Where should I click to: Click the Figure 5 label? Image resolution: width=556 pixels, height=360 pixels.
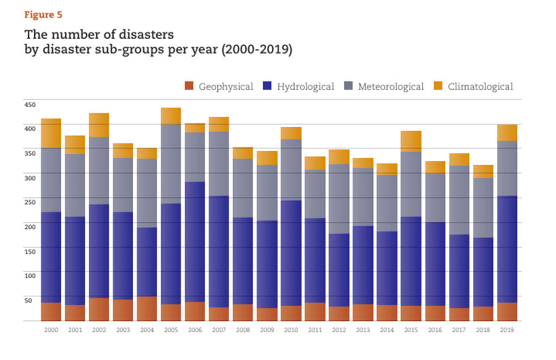43,15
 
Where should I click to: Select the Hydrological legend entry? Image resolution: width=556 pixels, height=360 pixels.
298,86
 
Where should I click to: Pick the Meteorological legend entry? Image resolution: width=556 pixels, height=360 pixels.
384,86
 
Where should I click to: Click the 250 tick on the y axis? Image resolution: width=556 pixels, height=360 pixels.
29,202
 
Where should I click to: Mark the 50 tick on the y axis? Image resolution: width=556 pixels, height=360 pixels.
28,300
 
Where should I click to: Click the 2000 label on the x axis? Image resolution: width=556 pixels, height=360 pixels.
51,330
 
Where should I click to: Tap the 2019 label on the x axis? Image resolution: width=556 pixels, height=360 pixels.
507,330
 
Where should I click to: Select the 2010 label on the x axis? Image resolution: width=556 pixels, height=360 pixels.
291,330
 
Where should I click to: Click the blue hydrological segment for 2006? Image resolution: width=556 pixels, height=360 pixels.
195,242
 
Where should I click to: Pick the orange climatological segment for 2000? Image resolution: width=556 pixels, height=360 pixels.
51,133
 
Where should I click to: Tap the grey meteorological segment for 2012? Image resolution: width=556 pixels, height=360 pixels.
339,199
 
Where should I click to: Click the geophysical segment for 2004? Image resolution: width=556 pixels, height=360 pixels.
147,309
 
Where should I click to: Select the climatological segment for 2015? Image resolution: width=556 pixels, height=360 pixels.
411,141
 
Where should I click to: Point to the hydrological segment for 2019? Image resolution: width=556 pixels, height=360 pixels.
507,249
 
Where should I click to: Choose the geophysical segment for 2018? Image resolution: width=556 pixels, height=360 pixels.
483,314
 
